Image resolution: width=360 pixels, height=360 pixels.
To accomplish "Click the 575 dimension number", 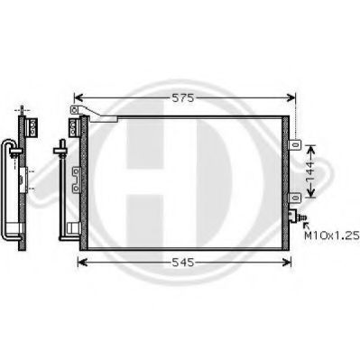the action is [x=183, y=97].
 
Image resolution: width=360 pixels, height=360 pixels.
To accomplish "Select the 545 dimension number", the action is [x=183, y=263].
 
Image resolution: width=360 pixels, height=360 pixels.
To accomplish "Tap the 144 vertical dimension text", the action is [x=309, y=171].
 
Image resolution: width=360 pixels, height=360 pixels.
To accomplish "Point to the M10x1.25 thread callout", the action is [x=332, y=235].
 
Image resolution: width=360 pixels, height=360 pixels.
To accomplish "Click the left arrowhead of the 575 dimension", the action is [x=78, y=97].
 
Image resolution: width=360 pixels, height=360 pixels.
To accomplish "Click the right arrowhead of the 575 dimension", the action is [x=291, y=97].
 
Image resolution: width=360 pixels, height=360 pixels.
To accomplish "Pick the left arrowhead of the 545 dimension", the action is [x=82, y=263].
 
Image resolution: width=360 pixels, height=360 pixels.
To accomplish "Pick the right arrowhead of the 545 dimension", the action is [x=287, y=263].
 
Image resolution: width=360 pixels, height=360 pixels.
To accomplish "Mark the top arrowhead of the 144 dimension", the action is [x=311, y=150].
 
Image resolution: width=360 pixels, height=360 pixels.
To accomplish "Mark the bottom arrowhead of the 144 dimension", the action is [x=311, y=193].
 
